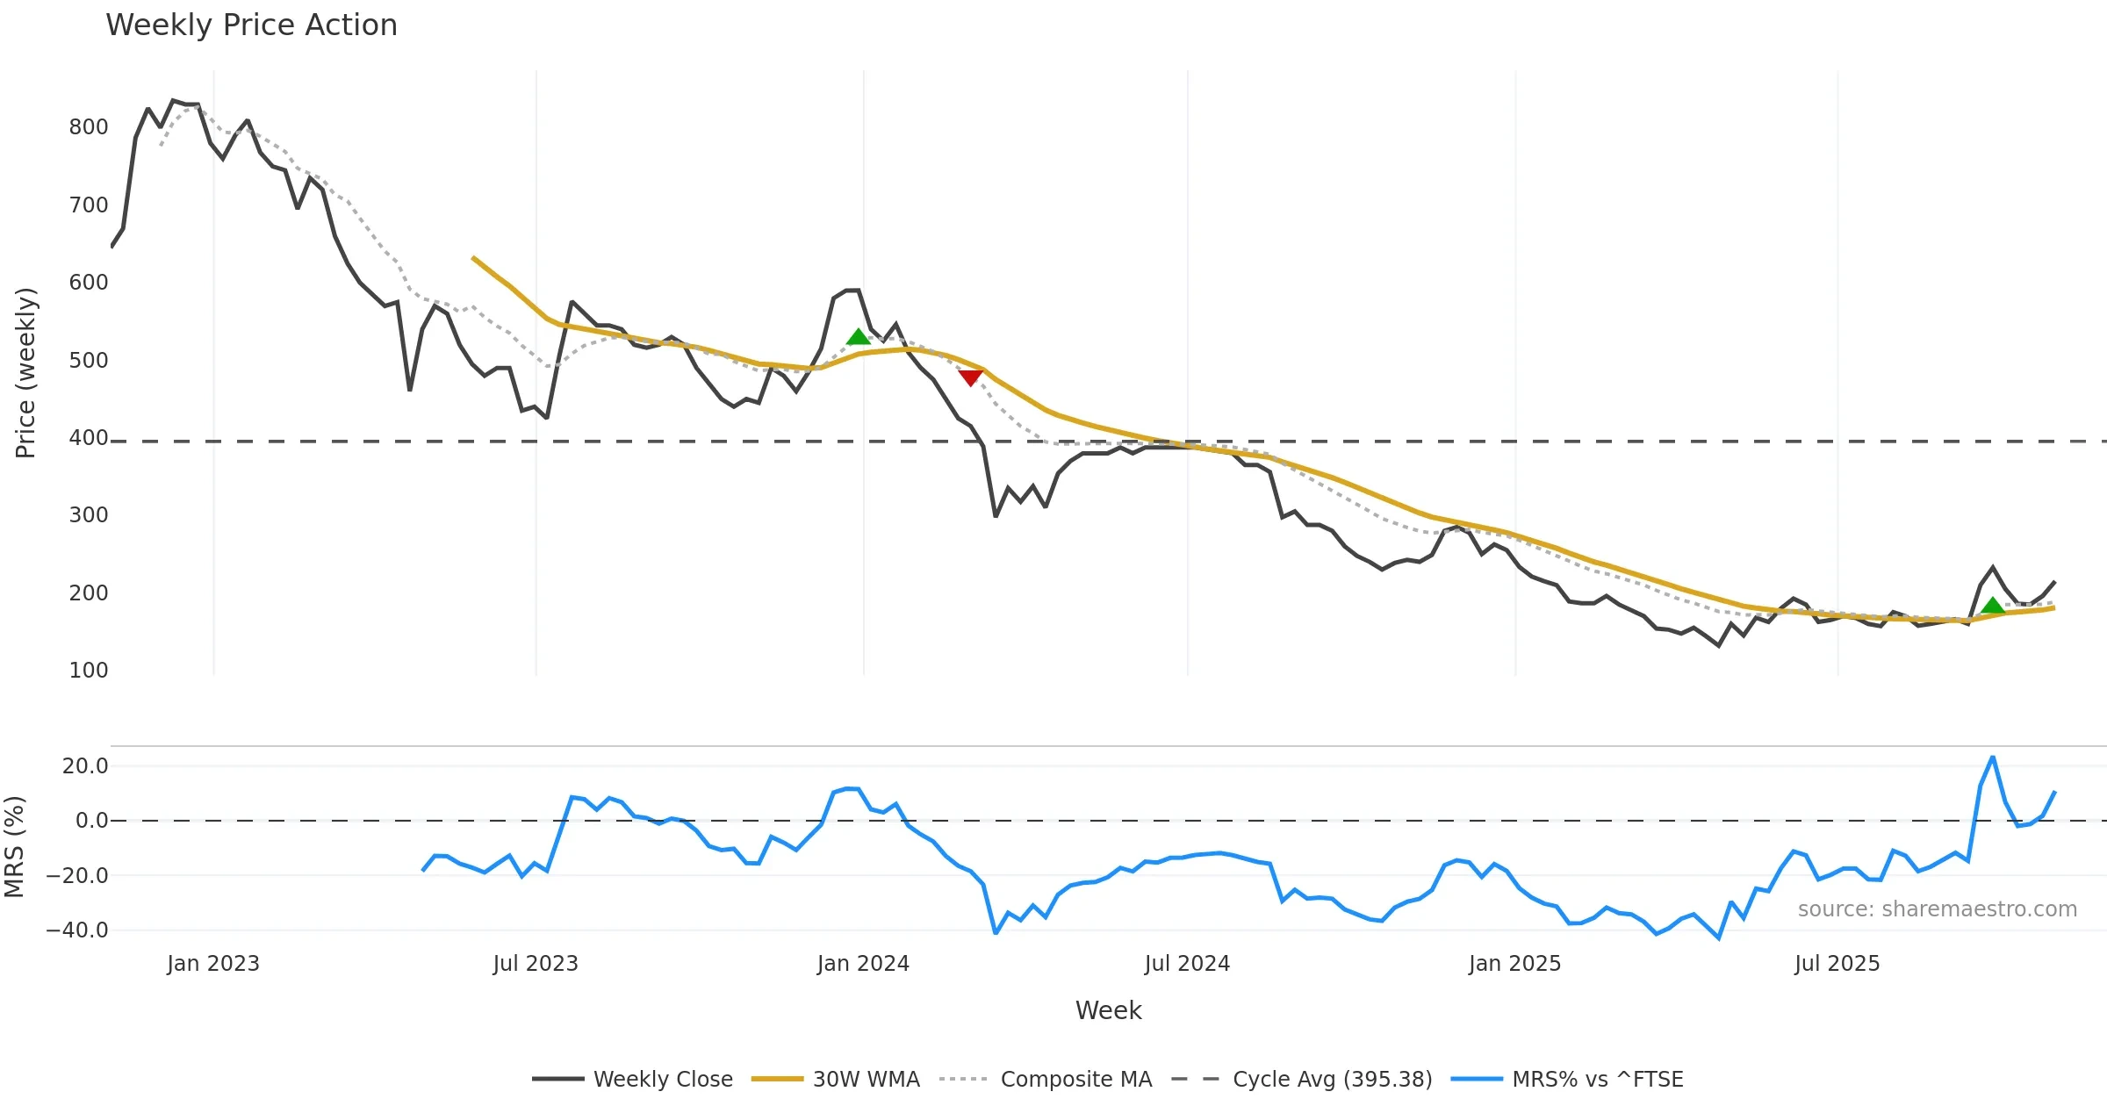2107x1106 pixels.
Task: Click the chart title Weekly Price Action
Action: click(251, 25)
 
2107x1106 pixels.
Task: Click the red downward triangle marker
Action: click(970, 377)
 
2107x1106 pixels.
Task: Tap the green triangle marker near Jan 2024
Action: click(858, 337)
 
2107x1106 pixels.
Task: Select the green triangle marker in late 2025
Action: click(1993, 605)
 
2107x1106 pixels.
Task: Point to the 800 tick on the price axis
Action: click(89, 127)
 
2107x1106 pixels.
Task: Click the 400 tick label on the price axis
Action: click(89, 437)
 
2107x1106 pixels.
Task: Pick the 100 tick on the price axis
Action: click(89, 671)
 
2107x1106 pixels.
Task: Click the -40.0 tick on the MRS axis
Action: click(77, 930)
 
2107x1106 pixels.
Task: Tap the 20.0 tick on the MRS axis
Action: click(85, 766)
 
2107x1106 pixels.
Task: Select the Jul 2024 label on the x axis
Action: click(1187, 964)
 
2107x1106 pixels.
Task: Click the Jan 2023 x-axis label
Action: click(213, 964)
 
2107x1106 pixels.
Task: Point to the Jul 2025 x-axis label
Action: click(1837, 964)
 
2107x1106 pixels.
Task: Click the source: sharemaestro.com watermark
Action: click(1937, 909)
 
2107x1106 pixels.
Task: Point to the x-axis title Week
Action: click(1108, 1010)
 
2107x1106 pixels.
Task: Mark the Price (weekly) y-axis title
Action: click(25, 373)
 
